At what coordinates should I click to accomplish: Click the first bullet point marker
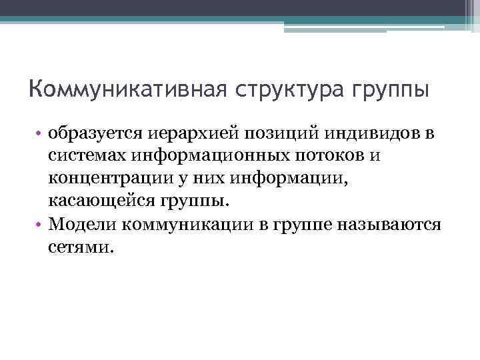point(40,134)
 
